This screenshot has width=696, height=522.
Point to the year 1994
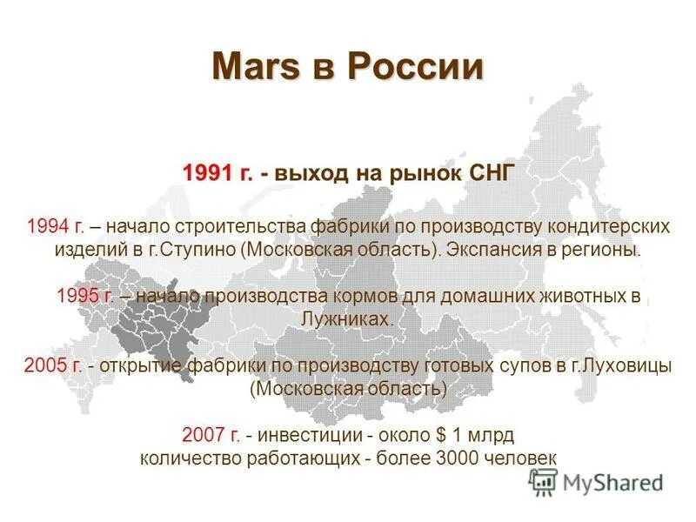coord(47,226)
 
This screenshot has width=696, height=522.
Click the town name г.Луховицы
coord(620,365)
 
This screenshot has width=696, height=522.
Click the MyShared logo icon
coord(543,482)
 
